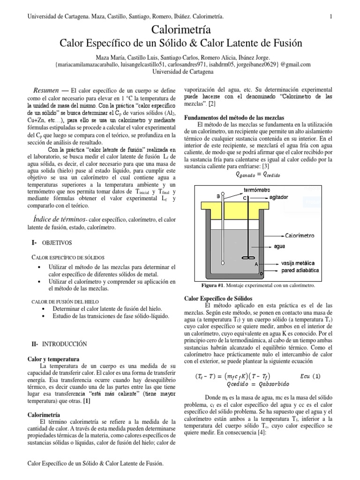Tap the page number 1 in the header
(331, 17)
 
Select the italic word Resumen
(45, 90)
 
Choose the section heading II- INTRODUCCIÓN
(59, 344)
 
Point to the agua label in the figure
(280, 246)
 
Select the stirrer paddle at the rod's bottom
(245, 257)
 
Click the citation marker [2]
(212, 103)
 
